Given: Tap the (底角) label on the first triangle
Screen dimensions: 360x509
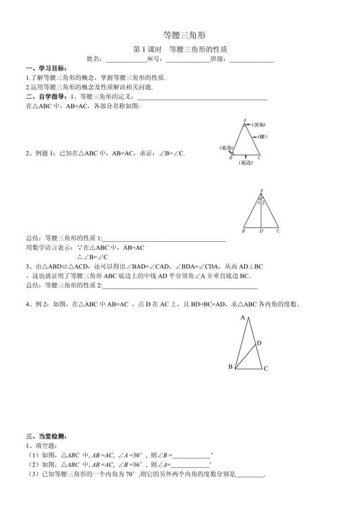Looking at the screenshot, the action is point(227,148).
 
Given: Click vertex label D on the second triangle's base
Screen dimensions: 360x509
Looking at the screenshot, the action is point(261,232).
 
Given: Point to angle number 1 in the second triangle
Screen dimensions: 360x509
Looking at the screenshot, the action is point(258,202).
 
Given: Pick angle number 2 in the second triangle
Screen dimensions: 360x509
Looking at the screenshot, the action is point(264,202).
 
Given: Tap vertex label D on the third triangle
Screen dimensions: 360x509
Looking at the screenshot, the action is point(259,343).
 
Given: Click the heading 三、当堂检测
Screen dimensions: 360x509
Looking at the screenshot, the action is point(46,436).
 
